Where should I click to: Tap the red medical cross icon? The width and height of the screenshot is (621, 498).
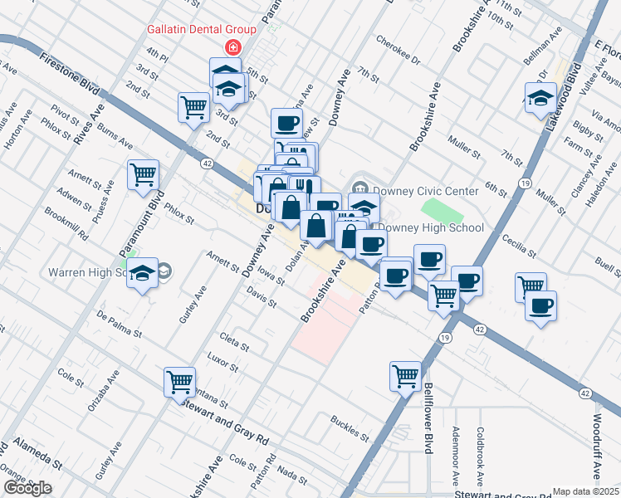[x=233, y=46]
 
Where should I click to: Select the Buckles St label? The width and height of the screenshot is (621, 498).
[x=349, y=426]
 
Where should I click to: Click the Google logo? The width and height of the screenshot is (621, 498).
[x=27, y=488]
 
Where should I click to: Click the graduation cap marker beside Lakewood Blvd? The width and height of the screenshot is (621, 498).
[x=540, y=96]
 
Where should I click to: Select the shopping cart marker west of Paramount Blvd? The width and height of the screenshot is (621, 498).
[x=144, y=173]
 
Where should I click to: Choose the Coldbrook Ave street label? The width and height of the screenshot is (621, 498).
[x=481, y=456]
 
